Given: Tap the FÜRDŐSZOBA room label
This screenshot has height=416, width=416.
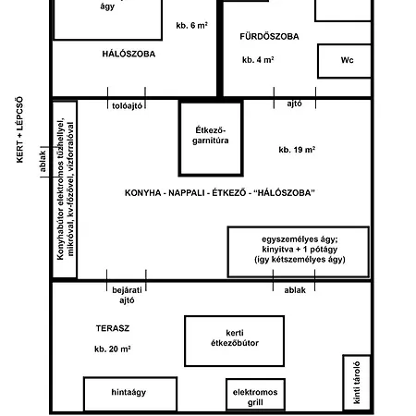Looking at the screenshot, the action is click(x=269, y=36).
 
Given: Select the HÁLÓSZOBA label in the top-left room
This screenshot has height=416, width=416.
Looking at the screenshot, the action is click(x=128, y=54).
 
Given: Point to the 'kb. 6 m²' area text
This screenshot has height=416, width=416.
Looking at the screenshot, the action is click(x=191, y=25).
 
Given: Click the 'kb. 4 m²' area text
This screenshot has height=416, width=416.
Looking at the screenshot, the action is click(x=258, y=59).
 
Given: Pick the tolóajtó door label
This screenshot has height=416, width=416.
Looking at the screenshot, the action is click(x=127, y=106).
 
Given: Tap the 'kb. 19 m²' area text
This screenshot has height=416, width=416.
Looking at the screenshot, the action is click(x=297, y=150).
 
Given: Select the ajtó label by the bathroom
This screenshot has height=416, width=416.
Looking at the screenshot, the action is click(x=294, y=104).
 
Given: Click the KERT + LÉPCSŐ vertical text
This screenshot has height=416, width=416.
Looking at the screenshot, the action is click(x=19, y=129).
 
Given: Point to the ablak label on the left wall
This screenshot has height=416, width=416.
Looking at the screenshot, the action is click(x=43, y=161).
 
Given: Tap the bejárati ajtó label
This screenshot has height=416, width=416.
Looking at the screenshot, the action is click(x=127, y=295).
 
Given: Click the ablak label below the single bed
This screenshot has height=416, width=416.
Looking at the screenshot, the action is click(x=295, y=290).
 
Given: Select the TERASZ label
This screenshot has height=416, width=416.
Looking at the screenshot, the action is click(x=113, y=328).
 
